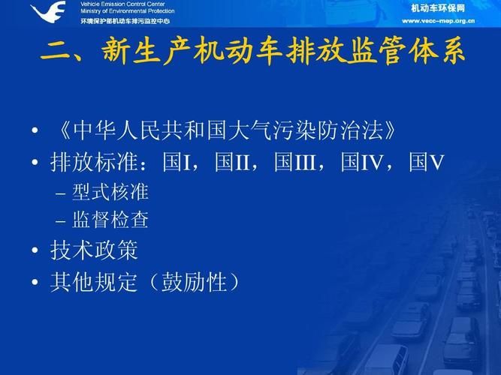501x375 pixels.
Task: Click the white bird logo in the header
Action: (x=49, y=12)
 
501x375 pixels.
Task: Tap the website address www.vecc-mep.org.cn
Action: (x=438, y=21)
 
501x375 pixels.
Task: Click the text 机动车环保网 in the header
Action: (x=438, y=8)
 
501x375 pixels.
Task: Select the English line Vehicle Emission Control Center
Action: (x=122, y=4)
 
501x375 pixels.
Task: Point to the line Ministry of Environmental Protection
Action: (x=128, y=11)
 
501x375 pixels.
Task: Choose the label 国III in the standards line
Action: (x=295, y=162)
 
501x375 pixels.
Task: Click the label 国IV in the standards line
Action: (x=361, y=162)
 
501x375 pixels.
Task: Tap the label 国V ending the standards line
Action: (x=427, y=162)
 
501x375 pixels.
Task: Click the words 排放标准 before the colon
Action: (x=94, y=162)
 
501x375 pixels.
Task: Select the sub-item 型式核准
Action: (x=110, y=192)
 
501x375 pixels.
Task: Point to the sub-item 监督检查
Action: (x=110, y=220)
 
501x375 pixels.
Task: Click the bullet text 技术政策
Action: (x=94, y=250)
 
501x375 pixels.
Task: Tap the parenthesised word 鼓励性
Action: (x=194, y=282)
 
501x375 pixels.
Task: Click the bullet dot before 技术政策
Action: (x=35, y=250)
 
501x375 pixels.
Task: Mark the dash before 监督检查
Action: (x=60, y=221)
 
